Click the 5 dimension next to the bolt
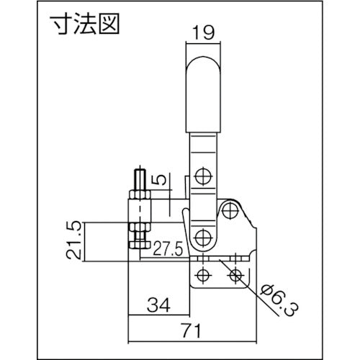point(162,178)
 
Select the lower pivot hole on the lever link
point(201,237)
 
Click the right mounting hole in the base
point(235,274)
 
